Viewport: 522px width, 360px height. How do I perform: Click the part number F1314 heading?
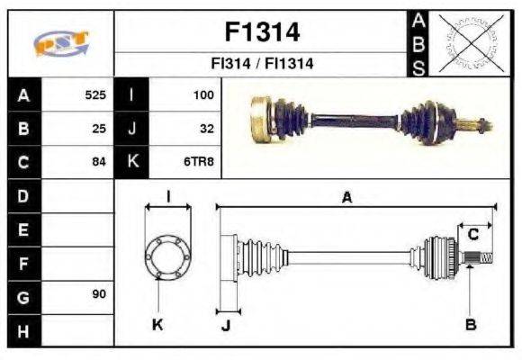point(261,32)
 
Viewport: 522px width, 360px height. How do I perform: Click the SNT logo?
point(61,44)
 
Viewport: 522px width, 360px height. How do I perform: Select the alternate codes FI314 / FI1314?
point(261,65)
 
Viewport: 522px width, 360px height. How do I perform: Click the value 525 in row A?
point(94,94)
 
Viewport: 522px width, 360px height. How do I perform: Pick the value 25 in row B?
point(99,128)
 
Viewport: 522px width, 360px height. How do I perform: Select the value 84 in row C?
point(99,162)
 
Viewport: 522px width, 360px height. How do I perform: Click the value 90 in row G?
point(99,294)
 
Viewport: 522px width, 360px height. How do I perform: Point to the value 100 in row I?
point(203,94)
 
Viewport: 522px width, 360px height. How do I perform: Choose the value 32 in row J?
point(206,128)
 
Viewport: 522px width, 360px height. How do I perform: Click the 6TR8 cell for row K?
point(201,162)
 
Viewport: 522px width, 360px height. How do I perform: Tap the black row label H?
point(23,330)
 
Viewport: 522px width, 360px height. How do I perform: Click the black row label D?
point(23,195)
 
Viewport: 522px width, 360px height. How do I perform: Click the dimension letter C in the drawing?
point(472,236)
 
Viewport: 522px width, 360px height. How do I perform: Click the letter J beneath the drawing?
point(226,325)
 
